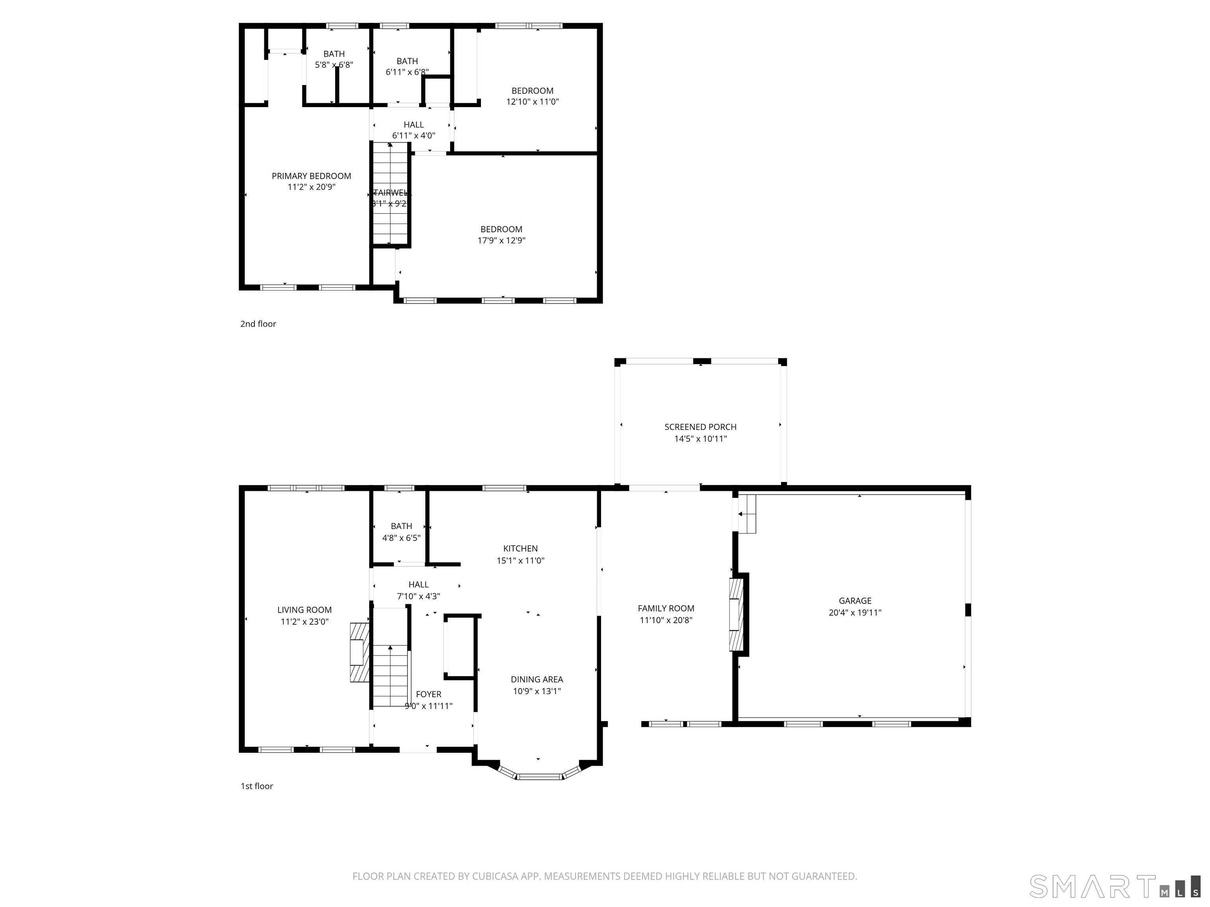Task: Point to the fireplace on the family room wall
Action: [x=737, y=615]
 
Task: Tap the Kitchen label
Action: [x=520, y=548]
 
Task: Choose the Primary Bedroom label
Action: [x=311, y=176]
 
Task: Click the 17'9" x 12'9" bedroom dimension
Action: [x=501, y=241]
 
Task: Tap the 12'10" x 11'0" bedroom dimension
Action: [x=532, y=102]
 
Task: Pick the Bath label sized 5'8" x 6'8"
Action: [x=334, y=54]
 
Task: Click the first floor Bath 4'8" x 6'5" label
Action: [x=401, y=526]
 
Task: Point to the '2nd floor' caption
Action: [x=258, y=324]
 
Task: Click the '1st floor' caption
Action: [x=256, y=786]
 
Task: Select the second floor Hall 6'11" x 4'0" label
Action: [x=414, y=125]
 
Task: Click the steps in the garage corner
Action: [x=747, y=514]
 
